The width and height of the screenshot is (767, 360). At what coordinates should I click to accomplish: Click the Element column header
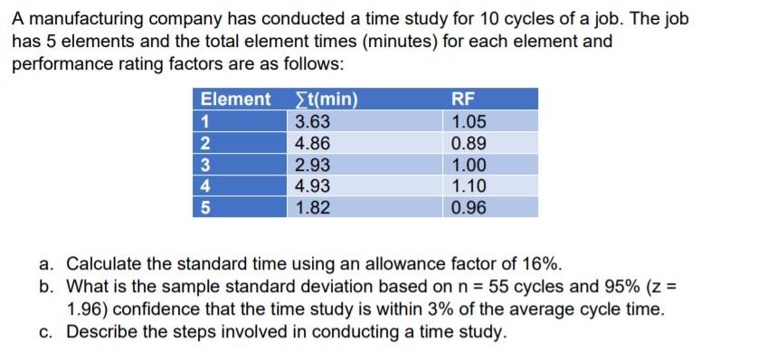235,99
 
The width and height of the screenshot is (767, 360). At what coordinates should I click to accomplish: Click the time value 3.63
313,122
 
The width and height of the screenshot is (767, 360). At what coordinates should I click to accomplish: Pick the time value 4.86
313,143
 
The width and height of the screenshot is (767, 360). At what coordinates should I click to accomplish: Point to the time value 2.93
313,165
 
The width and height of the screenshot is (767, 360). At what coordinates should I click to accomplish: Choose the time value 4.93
313,186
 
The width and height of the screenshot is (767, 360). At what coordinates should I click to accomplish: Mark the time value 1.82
313,207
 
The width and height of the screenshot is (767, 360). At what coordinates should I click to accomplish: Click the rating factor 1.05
469,122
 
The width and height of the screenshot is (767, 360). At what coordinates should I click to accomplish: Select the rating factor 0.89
469,143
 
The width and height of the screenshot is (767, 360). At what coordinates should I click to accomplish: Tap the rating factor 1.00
469,165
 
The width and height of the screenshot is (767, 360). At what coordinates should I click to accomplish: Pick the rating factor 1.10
469,186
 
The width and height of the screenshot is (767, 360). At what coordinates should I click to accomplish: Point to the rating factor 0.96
469,207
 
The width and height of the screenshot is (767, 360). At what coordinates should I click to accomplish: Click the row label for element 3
205,165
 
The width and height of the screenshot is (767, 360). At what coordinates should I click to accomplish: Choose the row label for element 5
205,207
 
